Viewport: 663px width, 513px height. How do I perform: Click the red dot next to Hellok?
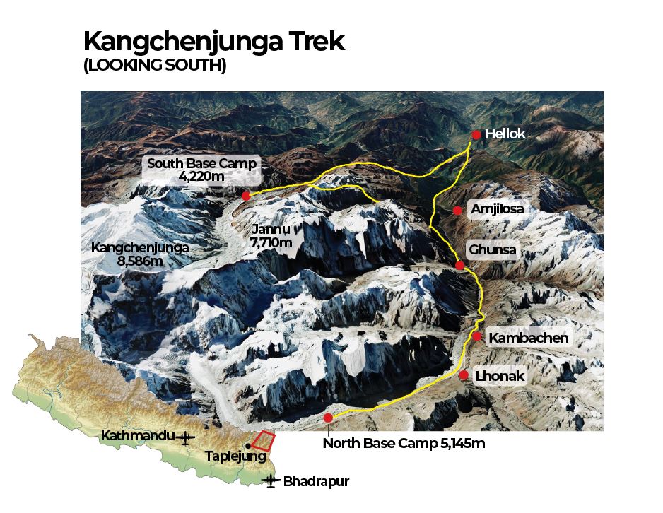476,135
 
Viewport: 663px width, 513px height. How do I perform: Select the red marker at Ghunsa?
460,266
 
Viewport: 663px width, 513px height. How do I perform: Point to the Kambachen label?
528,338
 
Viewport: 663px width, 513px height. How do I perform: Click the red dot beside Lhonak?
464,375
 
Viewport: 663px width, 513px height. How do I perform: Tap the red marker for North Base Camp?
328,418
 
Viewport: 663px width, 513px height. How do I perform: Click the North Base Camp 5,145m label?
404,444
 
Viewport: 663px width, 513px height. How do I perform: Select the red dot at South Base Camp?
245,196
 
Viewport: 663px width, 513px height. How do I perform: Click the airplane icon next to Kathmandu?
186,437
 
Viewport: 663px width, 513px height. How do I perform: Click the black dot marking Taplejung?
247,445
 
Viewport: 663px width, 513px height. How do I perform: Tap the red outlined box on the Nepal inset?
263,441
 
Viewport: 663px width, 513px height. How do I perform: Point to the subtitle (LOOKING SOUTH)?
155,67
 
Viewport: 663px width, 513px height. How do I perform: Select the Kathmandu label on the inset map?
137,436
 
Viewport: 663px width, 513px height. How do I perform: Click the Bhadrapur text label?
316,483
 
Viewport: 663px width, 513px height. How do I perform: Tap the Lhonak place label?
500,376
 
